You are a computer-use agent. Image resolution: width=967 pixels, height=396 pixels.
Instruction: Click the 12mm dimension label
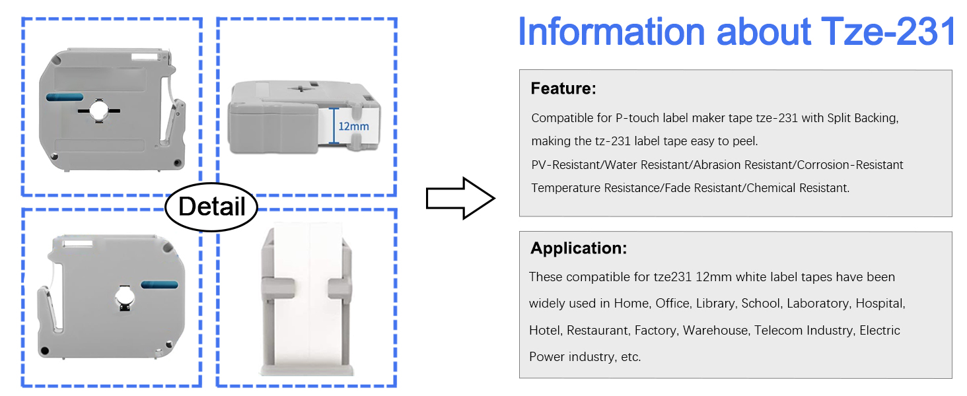tap(353, 127)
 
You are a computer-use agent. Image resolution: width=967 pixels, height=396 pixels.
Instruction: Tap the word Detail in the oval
tap(211, 206)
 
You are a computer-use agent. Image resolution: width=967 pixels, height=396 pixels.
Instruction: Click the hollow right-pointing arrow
tap(460, 199)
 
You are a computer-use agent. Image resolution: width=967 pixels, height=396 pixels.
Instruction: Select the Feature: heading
tap(563, 88)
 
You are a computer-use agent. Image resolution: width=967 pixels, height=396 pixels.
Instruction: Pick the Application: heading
tap(579, 248)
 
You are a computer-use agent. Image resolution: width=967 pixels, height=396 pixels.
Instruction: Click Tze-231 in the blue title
tap(888, 32)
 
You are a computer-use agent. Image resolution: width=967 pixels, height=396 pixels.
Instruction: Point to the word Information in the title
tap(611, 32)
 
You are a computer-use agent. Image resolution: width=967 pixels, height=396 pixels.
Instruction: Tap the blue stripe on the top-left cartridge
tap(65, 97)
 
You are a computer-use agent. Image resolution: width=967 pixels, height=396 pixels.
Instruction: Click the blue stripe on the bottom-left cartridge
tap(160, 284)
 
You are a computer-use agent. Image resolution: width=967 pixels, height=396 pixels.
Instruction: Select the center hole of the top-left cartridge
tap(99, 110)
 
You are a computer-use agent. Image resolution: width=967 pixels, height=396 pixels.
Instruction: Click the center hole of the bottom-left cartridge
tap(125, 298)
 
